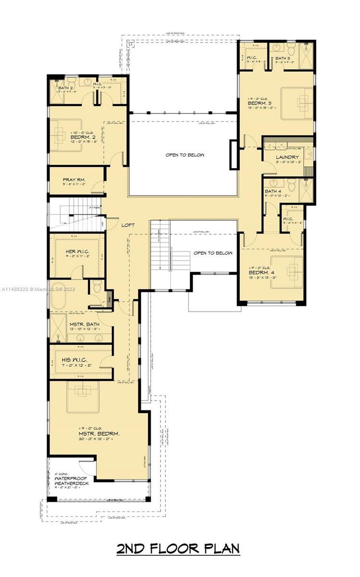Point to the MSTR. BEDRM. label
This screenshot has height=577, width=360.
(x=99, y=434)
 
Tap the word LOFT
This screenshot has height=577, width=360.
(x=128, y=225)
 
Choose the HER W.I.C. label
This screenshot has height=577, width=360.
(x=78, y=252)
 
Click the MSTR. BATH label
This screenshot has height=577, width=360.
(x=84, y=325)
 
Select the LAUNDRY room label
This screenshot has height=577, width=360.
(x=287, y=157)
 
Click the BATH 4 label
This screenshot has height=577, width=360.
(x=273, y=192)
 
